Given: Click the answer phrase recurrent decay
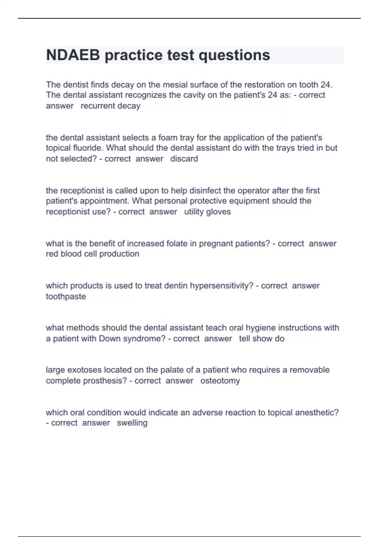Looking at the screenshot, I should point(110,106).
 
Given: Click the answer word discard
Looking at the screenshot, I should point(184,159).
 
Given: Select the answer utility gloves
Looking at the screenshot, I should point(207,212).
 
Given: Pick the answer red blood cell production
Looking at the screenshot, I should point(93,254).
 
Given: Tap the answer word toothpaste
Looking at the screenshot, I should point(66,297).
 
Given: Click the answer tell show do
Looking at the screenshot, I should point(262,339).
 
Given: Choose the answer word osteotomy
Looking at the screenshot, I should point(220,381).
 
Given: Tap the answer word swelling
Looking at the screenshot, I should point(132,423).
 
